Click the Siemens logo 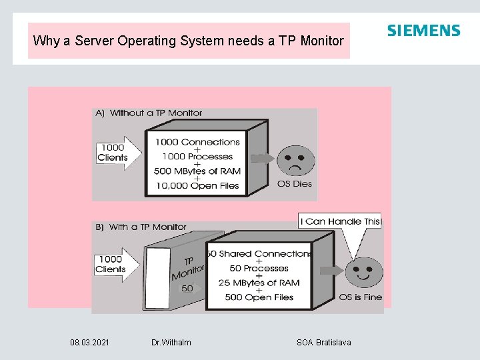point(423,31)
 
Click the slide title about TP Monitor point(189,41)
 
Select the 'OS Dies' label point(294,183)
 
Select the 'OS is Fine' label point(361,297)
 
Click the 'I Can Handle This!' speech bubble point(341,221)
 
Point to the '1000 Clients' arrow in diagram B point(117,264)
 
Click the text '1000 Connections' point(197,142)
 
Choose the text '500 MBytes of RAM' point(197,171)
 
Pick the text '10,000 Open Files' point(197,186)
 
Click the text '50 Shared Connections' point(259,254)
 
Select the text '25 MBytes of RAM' point(259,283)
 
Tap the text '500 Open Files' point(259,297)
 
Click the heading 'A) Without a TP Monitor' point(149,113)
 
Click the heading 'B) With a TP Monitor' point(141,227)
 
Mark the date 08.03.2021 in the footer point(90,343)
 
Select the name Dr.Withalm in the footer point(171,343)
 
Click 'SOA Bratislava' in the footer point(324,343)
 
